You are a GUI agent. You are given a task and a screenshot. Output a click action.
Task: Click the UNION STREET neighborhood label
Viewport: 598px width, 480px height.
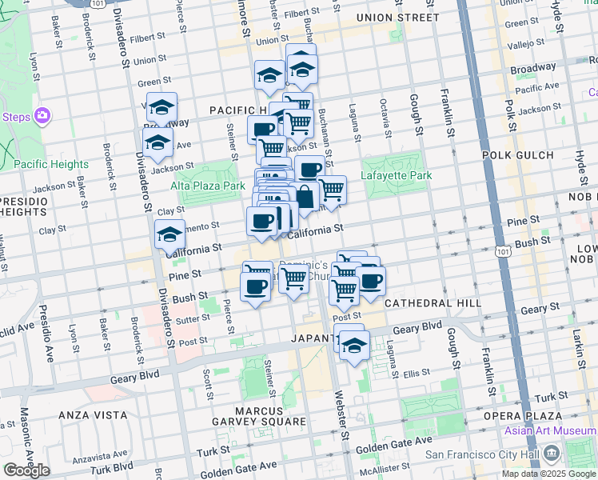click(x=398, y=17)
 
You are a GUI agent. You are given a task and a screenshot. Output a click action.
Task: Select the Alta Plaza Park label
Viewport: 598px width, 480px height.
click(x=207, y=186)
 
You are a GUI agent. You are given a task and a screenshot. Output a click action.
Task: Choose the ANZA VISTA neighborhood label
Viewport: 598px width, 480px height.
click(x=94, y=414)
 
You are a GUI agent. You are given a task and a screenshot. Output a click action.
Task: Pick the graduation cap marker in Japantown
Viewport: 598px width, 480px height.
click(x=353, y=346)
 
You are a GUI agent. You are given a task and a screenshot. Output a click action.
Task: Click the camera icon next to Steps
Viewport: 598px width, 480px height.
click(x=42, y=117)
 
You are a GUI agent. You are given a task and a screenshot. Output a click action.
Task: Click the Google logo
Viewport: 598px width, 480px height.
click(x=26, y=470)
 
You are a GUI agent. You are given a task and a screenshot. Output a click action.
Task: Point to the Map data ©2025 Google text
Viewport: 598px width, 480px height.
click(x=548, y=474)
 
